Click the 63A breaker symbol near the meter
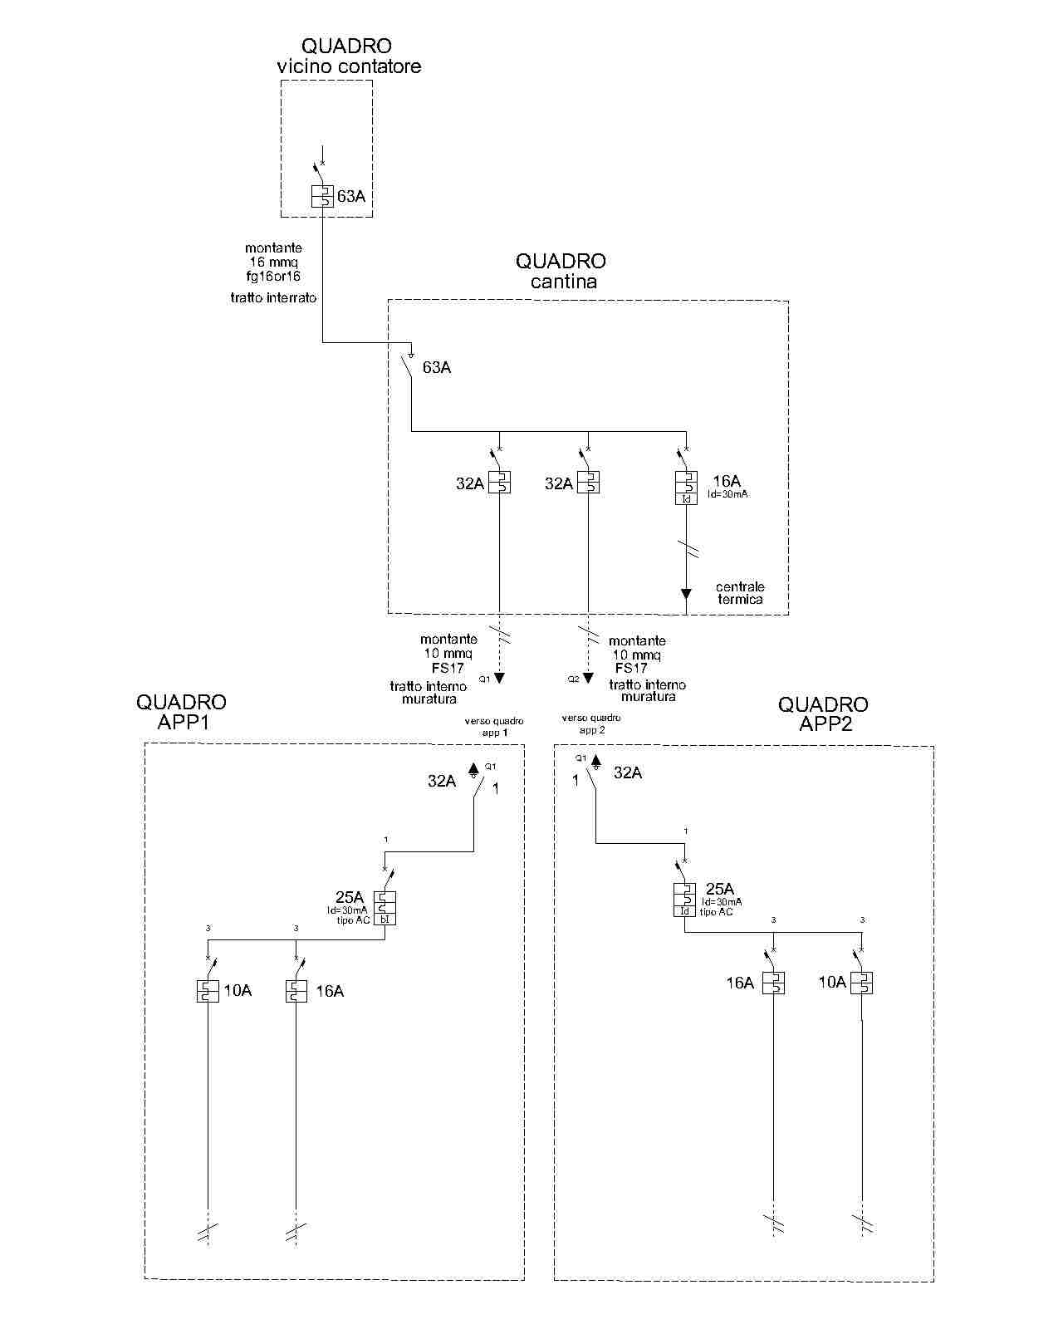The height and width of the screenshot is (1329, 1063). (321, 196)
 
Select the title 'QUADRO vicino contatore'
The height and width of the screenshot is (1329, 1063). (348, 56)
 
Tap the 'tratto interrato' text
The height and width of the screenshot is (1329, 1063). (273, 297)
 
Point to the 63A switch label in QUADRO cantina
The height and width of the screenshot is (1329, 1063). (436, 367)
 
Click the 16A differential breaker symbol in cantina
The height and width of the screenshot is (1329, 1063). (686, 488)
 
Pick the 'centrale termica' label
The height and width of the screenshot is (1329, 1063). (740, 593)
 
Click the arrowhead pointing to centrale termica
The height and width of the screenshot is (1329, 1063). (686, 593)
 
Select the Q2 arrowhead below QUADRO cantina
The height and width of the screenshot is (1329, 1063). (588, 678)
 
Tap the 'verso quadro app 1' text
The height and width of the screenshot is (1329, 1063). (494, 727)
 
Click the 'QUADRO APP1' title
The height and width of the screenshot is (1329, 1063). (182, 712)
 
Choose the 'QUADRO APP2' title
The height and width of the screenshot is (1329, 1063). (823, 714)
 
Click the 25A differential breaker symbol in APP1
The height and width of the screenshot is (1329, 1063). (385, 908)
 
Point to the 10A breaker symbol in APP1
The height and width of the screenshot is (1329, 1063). (208, 991)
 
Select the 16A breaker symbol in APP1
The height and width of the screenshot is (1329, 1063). (296, 991)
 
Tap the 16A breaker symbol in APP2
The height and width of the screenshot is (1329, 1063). (773, 983)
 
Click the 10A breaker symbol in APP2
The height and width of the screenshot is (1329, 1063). (862, 983)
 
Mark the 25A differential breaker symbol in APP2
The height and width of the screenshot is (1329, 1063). (684, 900)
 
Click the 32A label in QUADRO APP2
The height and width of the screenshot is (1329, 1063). (628, 772)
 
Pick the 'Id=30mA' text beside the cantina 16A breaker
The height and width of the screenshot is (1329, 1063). (727, 494)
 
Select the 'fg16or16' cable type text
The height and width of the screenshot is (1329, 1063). (273, 276)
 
